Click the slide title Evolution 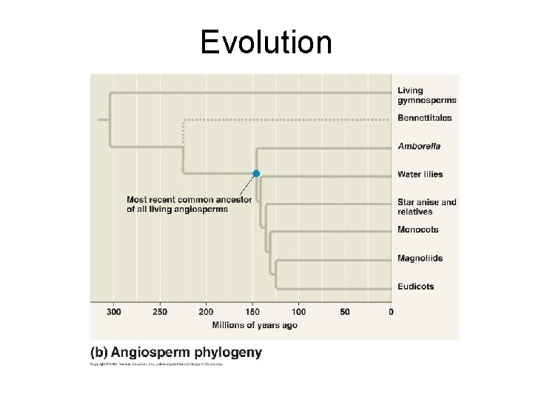coord(266,42)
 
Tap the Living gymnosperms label coord(426,96)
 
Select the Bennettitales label coord(424,119)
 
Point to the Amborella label coord(419,147)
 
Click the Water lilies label coord(420,174)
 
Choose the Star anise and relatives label coord(426,207)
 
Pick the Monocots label coord(418,230)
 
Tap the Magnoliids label coord(420,258)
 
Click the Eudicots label coord(415,286)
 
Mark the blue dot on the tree coord(256,173)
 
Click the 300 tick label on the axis coord(113,312)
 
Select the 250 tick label coord(160,312)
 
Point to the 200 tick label coord(206,312)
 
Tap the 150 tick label coord(252,312)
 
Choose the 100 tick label coord(298,312)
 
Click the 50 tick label coord(345,312)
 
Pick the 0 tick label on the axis coord(391,312)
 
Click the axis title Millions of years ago coord(255,325)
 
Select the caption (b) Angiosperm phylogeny coord(175,353)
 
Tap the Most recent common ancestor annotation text coord(180,204)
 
